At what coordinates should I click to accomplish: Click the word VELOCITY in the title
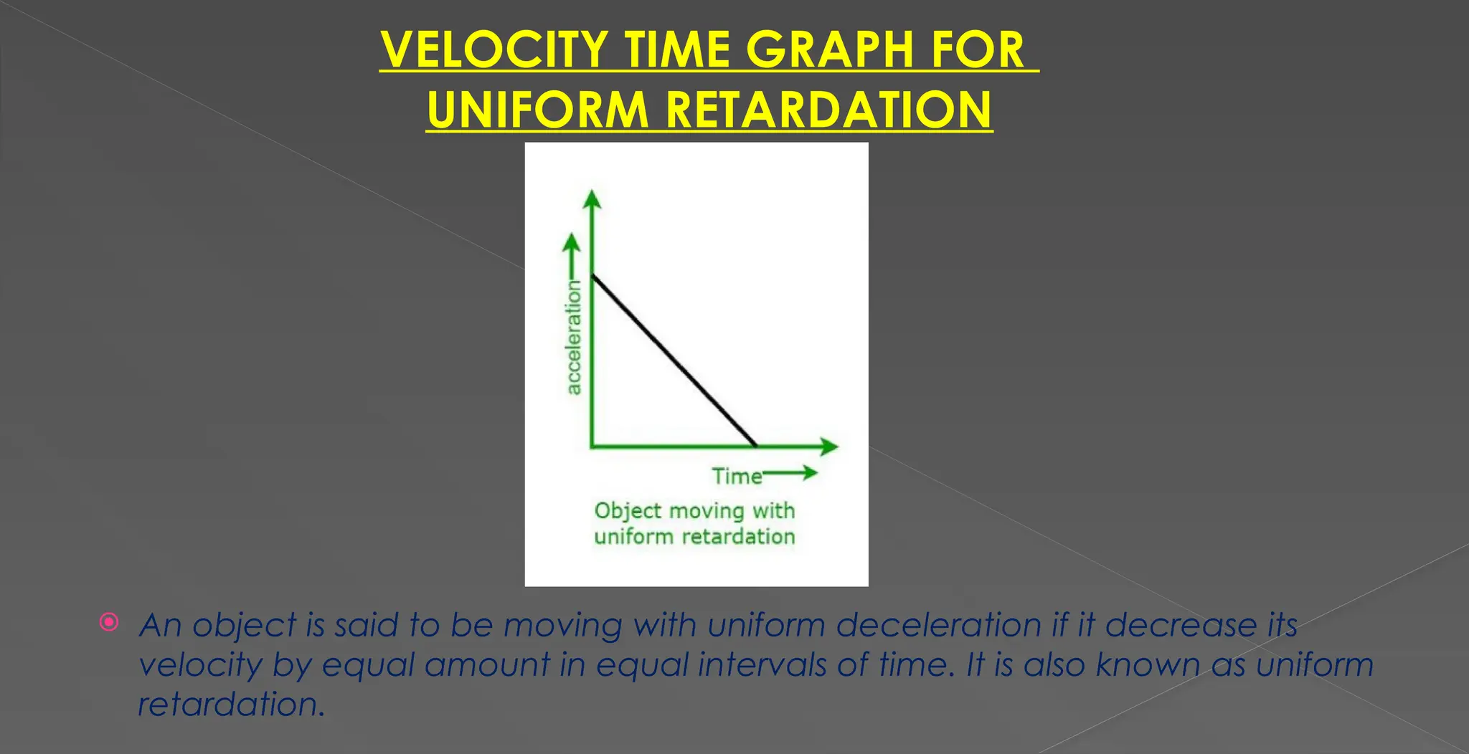[494, 50]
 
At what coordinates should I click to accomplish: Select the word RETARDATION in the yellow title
[828, 110]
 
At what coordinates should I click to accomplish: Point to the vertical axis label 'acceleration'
[574, 338]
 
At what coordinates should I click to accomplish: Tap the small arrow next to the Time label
[792, 472]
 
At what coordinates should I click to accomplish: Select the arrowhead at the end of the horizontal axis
[830, 447]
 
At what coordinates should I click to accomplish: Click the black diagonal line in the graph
[674, 360]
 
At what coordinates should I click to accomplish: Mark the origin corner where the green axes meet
[592, 447]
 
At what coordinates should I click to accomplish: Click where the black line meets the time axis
[756, 446]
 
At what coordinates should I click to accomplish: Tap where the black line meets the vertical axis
[592, 275]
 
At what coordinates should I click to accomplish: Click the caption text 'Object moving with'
[694, 511]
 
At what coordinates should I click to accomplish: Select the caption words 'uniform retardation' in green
[694, 537]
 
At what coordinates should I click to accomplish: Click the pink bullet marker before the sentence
[109, 622]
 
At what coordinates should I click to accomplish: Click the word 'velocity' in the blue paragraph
[200, 664]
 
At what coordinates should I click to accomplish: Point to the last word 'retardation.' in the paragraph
[231, 705]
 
